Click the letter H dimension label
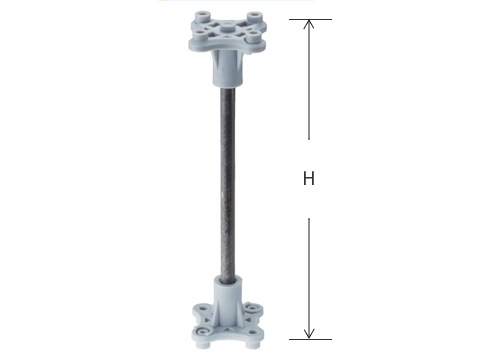click(x=309, y=178)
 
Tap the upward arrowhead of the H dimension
click(x=309, y=24)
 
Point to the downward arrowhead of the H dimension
click(x=309, y=334)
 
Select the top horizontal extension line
click(x=310, y=19)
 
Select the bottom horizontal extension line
click(x=310, y=339)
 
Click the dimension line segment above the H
click(x=309, y=79)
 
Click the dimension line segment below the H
click(x=309, y=279)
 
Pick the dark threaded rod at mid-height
click(x=227, y=182)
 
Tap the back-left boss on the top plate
click(x=201, y=16)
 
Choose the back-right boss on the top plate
click(x=254, y=17)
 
